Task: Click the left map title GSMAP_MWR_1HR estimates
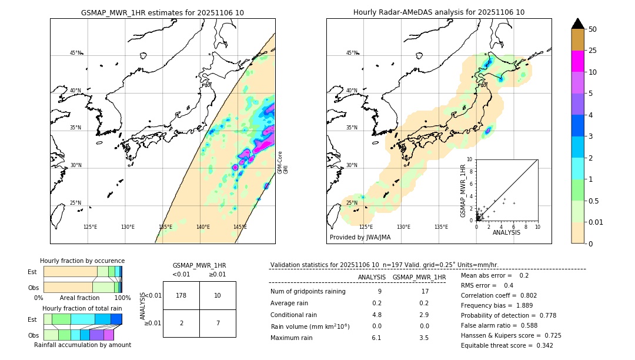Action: point(162,12)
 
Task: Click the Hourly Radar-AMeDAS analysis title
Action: point(439,12)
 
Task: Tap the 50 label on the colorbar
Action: point(593,29)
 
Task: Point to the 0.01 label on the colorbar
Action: point(596,222)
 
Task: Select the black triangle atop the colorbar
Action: point(578,24)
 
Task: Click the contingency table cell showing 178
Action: point(181,295)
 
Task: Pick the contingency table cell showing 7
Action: point(218,324)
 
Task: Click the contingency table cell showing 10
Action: point(218,295)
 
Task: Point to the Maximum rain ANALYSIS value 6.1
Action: point(376,338)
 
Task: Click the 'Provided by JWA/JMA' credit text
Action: point(360,238)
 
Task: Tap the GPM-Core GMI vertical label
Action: point(283,162)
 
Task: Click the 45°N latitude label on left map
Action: point(76,53)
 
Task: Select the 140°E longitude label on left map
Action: point(203,227)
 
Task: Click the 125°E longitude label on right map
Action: point(366,227)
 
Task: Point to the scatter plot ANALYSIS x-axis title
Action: point(506,232)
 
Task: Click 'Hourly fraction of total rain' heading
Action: point(82,308)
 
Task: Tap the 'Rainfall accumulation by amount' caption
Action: point(82,345)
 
